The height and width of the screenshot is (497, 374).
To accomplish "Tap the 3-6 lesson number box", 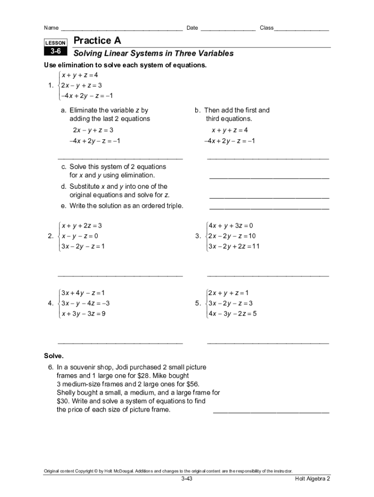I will coord(55,51).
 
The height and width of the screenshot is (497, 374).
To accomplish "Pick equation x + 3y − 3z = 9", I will coord(83,314).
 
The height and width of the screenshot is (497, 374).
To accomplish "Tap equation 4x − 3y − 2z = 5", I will coord(232,314).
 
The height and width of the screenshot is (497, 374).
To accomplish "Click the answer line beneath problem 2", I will coord(120,275).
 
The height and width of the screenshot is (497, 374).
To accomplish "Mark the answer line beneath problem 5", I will coord(268,342).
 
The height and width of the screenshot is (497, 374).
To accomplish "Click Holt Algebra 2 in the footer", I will coord(312,479).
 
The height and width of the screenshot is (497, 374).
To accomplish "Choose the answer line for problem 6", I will coord(271,413).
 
